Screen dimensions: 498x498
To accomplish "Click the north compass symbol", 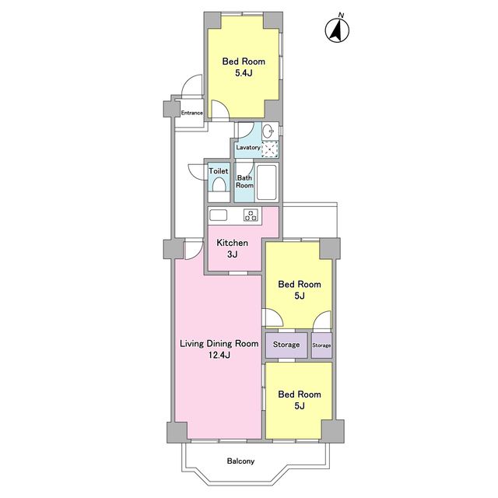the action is [337, 30].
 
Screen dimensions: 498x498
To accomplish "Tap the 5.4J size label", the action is [244, 73].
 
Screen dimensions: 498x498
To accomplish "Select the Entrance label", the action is [192, 113].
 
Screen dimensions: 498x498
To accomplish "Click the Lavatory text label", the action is [248, 147].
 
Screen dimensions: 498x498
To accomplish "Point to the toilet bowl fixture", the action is [219, 184].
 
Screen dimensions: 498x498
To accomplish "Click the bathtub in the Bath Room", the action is [266, 182].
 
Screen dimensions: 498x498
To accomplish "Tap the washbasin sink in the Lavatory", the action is [269, 132].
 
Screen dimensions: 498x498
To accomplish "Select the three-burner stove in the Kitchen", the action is [251, 215].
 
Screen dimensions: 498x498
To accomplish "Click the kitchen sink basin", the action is [218, 215].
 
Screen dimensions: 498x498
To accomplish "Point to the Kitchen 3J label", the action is [232, 248].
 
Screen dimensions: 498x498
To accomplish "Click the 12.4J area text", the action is [219, 355].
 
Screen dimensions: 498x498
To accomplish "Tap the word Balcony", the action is [240, 461].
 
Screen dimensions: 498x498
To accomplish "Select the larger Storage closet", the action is [286, 345].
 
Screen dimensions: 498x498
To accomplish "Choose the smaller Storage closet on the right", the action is [321, 345].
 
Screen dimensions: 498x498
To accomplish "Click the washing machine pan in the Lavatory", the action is [270, 149].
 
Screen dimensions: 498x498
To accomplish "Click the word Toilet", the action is [219, 171].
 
